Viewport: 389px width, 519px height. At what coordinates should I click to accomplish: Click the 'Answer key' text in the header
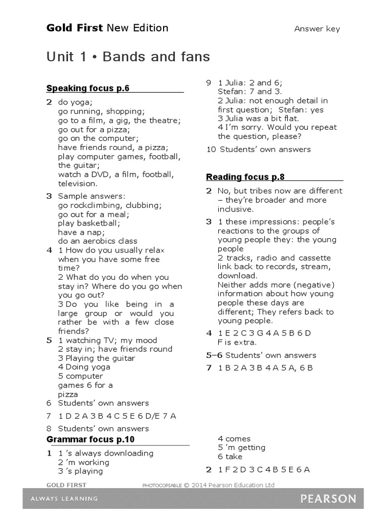click(317, 29)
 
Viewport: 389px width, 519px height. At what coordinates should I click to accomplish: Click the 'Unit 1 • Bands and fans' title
click(128, 57)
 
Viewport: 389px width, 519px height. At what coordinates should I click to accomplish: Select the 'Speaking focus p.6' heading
click(88, 89)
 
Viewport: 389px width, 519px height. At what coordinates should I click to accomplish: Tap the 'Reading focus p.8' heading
click(245, 177)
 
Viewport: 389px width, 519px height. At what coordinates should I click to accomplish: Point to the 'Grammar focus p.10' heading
click(91, 439)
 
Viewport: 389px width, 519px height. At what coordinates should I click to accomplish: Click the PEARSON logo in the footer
click(328, 499)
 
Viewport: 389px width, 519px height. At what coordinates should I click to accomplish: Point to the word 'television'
click(77, 183)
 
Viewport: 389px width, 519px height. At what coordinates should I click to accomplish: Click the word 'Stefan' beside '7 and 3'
click(230, 92)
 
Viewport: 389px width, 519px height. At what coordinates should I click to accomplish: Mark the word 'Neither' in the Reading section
click(232, 285)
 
